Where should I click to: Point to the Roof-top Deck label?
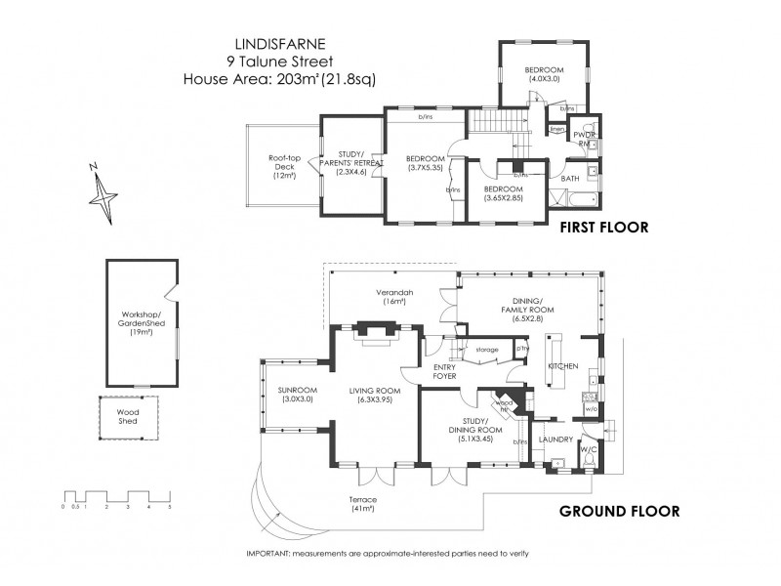click(284, 167)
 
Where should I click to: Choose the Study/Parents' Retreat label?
click(349, 162)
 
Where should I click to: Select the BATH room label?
click(570, 179)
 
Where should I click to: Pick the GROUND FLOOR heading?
click(618, 511)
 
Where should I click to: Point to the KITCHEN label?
click(563, 366)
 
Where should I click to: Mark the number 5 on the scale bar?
click(169, 507)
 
